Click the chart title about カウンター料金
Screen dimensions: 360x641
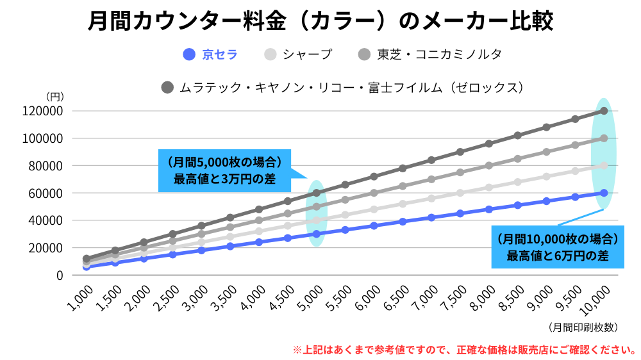click(320, 21)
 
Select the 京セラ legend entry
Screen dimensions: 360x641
click(211, 54)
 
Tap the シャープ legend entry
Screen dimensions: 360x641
click(299, 54)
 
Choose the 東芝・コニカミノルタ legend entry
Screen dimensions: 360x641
click(430, 54)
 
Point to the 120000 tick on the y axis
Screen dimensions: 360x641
click(42, 111)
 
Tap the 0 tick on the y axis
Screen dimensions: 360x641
click(60, 275)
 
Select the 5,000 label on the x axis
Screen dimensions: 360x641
click(310, 298)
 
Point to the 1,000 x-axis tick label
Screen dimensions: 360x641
click(78, 298)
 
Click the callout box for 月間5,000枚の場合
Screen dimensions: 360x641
click(224, 170)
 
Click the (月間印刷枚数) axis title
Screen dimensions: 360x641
click(583, 327)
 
